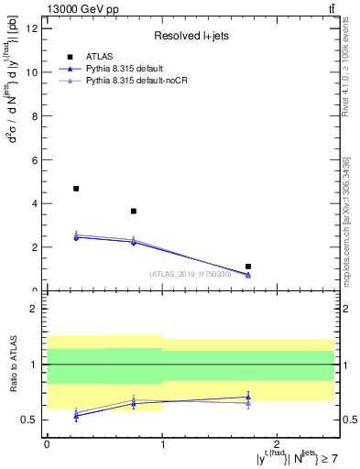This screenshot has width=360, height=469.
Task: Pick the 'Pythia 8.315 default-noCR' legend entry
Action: pyautogui.click(x=146, y=82)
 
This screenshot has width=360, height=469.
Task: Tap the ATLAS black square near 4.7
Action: pyautogui.click(x=76, y=189)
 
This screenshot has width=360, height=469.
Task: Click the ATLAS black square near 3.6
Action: pyautogui.click(x=134, y=212)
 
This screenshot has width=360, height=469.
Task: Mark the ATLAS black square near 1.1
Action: pyautogui.click(x=248, y=267)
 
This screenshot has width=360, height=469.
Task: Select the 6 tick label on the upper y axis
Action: pyautogui.click(x=34, y=159)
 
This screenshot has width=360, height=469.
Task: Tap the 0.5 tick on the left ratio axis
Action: pyautogui.click(x=29, y=420)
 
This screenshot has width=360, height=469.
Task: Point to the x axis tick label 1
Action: pyautogui.click(x=162, y=444)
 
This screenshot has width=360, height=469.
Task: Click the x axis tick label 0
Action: pyautogui.click(x=47, y=444)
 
